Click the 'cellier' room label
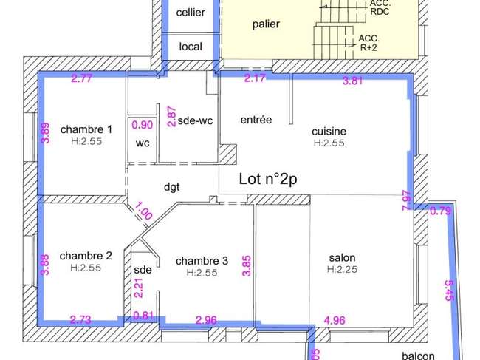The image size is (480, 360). coord(191,13)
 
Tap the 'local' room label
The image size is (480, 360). coord(191,47)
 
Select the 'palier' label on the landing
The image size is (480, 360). coord(266,24)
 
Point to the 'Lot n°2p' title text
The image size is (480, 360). coord(268,179)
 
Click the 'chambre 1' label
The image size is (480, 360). coord(86,129)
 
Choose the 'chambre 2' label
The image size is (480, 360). coord(86,256)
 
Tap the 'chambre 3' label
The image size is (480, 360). coord(202,261)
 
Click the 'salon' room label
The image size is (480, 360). coord(342,258)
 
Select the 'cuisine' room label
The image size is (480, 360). coord(329,132)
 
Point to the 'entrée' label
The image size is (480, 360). coord(256,120)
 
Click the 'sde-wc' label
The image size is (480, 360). coord(195,120)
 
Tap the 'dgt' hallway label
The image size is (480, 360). coord(172,186)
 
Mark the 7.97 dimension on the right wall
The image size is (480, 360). coord(406,200)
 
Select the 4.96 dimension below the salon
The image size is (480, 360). coord(335,321)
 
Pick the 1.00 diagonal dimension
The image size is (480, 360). coord(143,210)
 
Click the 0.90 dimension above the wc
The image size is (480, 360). coord(143,125)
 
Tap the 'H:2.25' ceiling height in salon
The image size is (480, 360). coord(342,269)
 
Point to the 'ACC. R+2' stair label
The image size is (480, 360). coord(369,43)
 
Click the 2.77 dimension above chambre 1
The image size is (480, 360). coord(81,78)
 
